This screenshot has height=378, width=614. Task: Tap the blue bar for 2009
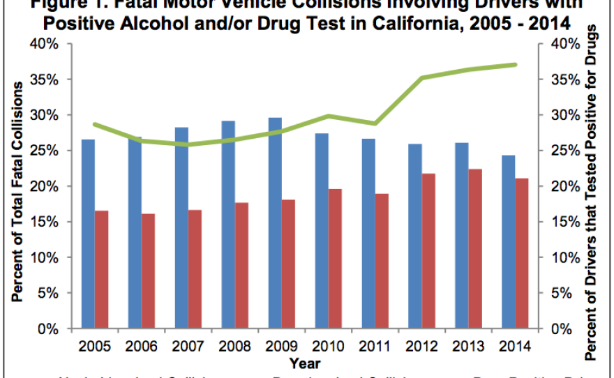(x=276, y=223)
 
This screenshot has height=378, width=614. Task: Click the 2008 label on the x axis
(x=230, y=346)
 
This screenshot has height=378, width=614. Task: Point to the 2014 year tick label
(x=516, y=346)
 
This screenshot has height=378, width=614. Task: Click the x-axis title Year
(x=306, y=363)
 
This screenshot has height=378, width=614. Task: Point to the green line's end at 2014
(x=516, y=64)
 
